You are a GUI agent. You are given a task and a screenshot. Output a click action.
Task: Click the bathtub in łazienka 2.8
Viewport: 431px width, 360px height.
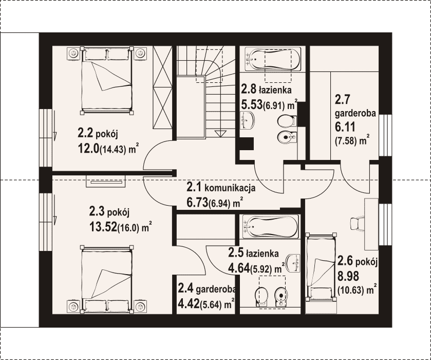point(272,59)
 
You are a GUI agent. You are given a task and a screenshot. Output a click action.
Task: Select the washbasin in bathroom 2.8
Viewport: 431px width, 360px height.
point(247,120)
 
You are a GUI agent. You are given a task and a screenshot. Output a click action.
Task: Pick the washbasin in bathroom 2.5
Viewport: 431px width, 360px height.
point(293,262)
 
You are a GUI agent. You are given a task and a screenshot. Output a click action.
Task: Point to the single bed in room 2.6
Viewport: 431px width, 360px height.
point(322,267)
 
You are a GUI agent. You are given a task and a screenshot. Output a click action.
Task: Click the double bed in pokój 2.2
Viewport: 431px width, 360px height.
point(107,80)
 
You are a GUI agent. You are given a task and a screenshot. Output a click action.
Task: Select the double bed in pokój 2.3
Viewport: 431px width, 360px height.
point(107,279)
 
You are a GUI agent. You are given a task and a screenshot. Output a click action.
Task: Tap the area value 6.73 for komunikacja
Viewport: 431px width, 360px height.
point(197,203)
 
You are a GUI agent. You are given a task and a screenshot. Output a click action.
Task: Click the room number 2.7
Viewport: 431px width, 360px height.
point(342,99)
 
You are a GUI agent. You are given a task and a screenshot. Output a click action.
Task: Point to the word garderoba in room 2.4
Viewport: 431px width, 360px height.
point(216,289)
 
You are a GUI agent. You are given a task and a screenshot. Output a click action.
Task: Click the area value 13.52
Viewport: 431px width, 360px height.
point(103,227)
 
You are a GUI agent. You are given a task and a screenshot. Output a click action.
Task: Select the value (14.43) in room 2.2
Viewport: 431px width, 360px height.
point(113,150)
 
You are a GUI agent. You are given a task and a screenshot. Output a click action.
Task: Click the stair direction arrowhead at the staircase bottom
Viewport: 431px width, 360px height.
point(219,134)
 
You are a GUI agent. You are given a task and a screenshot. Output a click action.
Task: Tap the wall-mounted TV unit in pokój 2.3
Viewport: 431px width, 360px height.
point(106,182)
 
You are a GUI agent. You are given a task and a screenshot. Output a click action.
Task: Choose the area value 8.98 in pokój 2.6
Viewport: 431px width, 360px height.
point(348,276)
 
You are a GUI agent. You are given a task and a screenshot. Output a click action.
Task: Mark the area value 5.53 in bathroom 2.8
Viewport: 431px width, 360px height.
point(252,105)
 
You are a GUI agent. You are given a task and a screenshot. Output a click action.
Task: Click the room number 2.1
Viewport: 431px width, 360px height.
point(194,187)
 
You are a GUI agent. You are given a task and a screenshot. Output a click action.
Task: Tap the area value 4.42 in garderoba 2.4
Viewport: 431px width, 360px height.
point(189,304)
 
